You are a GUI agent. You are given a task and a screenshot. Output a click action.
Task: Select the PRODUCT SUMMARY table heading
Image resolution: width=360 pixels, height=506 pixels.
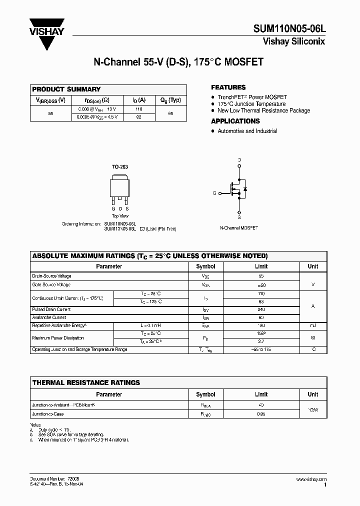[66, 89]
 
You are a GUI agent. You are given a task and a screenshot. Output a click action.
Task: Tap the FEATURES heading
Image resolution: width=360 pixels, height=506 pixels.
[228, 87]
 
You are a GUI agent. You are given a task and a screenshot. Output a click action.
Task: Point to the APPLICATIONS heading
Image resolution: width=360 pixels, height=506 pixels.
[235, 121]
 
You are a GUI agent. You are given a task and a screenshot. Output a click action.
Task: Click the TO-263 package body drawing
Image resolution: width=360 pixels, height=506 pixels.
[120, 185]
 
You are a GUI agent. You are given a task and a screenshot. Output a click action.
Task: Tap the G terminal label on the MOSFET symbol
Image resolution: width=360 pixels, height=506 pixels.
[214, 192]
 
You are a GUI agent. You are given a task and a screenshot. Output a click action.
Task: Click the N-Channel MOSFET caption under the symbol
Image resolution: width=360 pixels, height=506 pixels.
[239, 227]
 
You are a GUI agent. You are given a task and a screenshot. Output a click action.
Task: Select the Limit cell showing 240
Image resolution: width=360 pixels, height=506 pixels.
[261, 310]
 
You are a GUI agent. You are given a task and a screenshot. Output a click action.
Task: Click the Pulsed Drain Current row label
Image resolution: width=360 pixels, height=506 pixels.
[51, 310]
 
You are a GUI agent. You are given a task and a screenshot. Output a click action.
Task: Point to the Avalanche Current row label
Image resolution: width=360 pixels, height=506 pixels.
[49, 317]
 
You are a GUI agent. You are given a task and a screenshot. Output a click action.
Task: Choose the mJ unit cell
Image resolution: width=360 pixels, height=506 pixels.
[312, 325]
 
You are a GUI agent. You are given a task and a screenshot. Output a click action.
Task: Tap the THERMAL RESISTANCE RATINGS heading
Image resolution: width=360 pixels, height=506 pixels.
[86, 382]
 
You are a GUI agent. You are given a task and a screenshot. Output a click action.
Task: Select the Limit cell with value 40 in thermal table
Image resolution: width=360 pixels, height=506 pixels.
[261, 405]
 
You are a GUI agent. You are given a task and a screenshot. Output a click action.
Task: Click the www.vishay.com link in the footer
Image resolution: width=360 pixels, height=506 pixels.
[310, 479]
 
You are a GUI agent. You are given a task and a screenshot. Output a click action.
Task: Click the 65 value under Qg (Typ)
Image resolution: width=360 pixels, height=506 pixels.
[171, 113]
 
